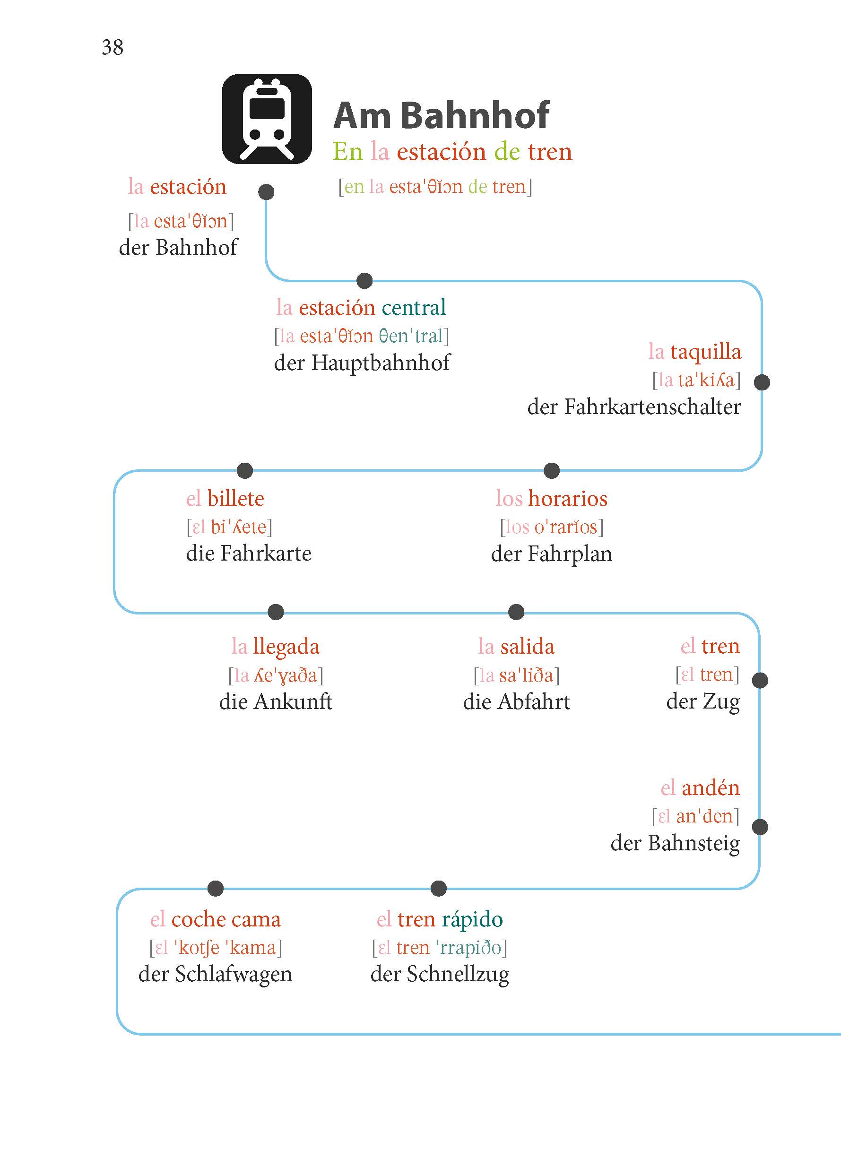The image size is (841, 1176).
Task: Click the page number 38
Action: (113, 48)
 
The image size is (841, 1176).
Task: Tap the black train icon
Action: (267, 119)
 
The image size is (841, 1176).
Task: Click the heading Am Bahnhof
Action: (441, 115)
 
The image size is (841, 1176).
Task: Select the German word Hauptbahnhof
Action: (380, 363)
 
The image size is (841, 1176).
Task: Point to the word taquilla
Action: (705, 352)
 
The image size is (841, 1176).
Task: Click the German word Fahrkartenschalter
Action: (652, 407)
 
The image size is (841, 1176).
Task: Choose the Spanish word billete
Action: (235, 499)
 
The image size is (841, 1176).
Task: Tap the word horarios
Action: (568, 499)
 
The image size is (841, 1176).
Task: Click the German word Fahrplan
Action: (570, 554)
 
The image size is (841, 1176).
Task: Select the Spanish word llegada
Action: (286, 647)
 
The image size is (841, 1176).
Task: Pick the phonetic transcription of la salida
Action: (516, 675)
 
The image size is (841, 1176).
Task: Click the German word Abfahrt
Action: (533, 701)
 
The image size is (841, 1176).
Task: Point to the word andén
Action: (711, 787)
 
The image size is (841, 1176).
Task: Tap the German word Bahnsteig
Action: (694, 843)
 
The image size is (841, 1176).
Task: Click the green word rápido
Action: (472, 920)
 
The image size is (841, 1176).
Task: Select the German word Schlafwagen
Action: (234, 974)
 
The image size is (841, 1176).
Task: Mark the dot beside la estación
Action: (266, 192)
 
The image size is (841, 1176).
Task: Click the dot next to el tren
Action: (760, 681)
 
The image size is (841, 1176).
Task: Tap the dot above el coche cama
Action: (216, 889)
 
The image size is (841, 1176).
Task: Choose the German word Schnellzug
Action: (458, 974)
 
